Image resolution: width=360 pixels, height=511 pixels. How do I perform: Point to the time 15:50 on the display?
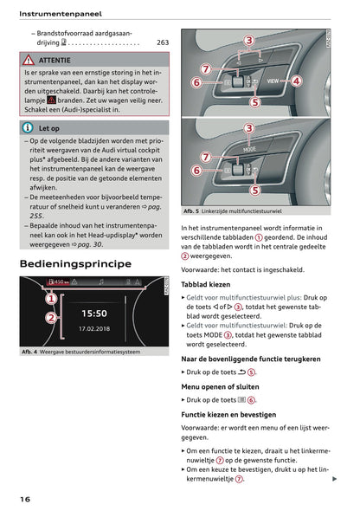(x=94, y=314)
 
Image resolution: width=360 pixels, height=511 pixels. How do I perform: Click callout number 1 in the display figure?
(x=50, y=298)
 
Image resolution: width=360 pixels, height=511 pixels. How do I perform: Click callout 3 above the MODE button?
(x=250, y=128)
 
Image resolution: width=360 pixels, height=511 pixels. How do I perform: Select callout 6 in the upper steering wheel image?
(x=196, y=82)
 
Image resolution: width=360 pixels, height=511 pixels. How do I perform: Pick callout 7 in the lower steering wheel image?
(x=205, y=157)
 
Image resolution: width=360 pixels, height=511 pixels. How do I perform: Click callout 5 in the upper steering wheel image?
(x=254, y=101)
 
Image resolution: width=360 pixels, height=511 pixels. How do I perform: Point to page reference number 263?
(x=163, y=42)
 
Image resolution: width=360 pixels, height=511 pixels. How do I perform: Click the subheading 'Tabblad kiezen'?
(x=205, y=283)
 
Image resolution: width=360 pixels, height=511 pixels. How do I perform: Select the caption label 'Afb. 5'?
(x=192, y=210)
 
